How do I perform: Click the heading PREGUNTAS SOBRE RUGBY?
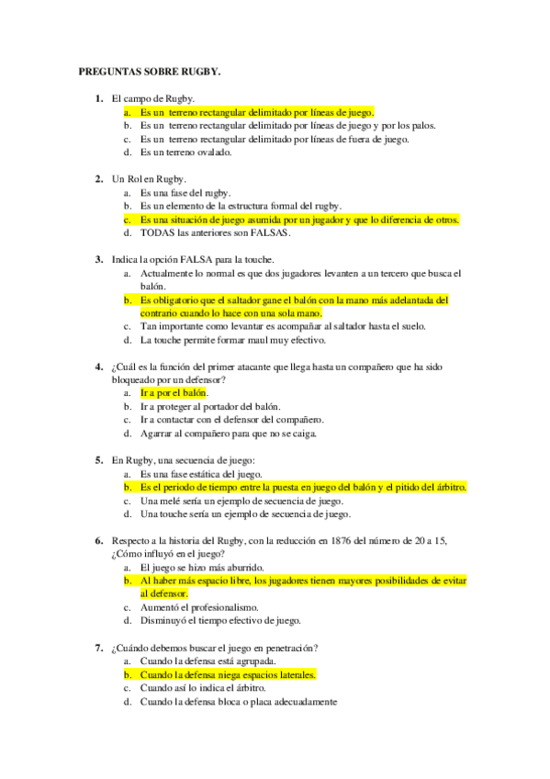point(150,70)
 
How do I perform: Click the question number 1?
point(98,98)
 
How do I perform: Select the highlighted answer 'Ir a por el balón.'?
point(174,393)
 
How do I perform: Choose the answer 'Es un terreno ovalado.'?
point(185,152)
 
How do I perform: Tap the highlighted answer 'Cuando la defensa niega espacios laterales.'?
point(228,674)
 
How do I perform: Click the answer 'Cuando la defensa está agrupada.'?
point(208,661)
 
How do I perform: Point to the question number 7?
point(98,648)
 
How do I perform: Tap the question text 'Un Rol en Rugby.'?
point(149,179)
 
